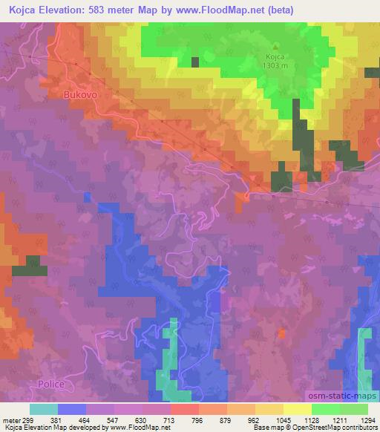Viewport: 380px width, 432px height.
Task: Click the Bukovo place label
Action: (81, 96)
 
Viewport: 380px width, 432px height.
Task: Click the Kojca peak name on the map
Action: (277, 55)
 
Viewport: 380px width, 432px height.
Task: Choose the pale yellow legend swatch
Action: (298, 409)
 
